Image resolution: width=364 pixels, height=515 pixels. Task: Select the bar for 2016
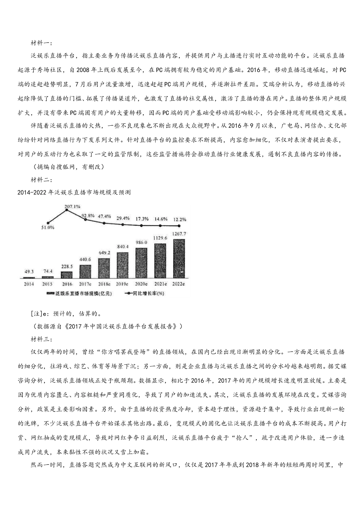pos(67,274)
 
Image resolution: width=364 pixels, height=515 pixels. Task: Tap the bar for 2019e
pos(123,265)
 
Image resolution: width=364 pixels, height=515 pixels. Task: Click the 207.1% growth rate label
pos(72,207)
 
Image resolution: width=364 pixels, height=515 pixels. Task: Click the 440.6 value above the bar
pos(85,259)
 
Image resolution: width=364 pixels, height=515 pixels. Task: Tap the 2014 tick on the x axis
pos(29,284)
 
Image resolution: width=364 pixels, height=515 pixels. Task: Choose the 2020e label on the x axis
pos(141,284)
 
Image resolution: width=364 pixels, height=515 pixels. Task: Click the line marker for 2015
pos(48,223)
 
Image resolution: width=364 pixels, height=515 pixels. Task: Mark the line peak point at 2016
pos(67,210)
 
